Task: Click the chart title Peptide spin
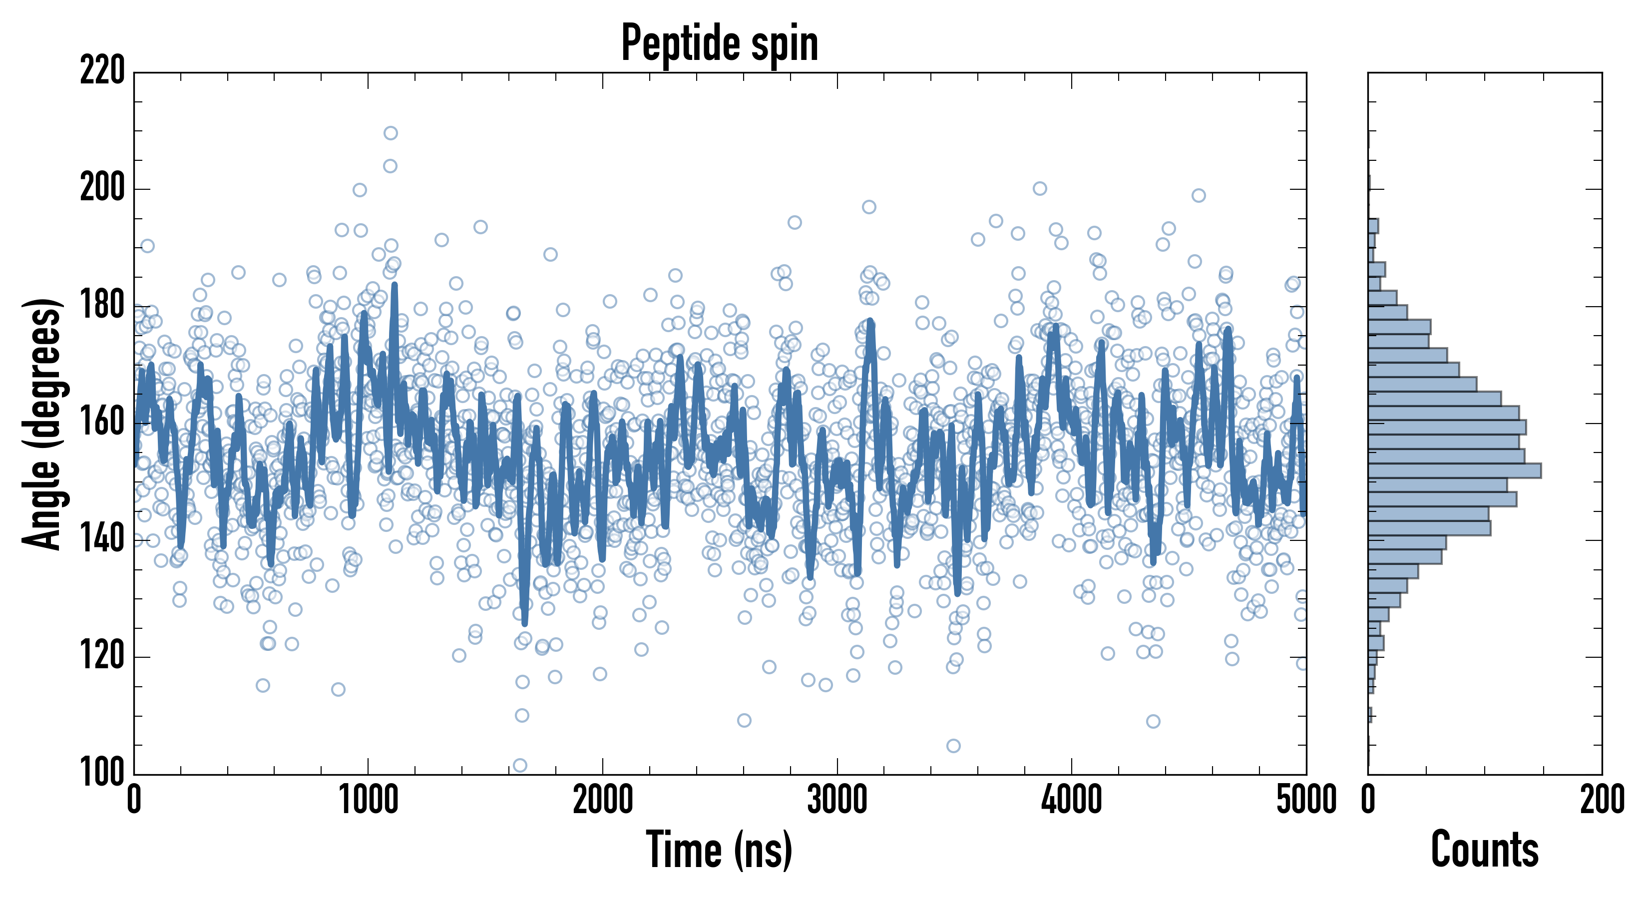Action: [x=720, y=43]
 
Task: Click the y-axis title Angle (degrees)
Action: [x=42, y=424]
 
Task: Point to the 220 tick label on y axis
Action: [x=102, y=71]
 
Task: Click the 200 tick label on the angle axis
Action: [x=102, y=189]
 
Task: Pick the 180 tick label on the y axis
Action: [x=102, y=306]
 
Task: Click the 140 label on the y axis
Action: [x=102, y=540]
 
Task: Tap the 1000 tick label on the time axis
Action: [x=368, y=800]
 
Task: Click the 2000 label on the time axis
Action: [x=603, y=800]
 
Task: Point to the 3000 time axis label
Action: [x=837, y=800]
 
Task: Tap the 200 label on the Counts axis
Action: [x=1602, y=800]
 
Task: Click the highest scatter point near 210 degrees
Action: [x=390, y=133]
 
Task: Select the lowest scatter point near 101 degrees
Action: [x=520, y=765]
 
